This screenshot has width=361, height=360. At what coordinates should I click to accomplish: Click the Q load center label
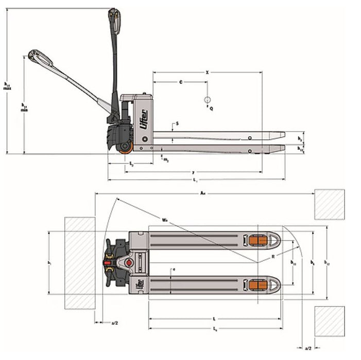click(211, 109)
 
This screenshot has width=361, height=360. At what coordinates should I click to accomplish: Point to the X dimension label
click(207, 73)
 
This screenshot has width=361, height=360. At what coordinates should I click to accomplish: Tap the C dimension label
click(180, 82)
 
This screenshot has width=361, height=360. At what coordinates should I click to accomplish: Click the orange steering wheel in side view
click(125, 149)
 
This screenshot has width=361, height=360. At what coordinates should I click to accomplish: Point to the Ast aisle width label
click(203, 194)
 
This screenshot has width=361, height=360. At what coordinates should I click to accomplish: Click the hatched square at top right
click(330, 204)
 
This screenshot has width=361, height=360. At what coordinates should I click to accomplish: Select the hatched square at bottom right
click(330, 320)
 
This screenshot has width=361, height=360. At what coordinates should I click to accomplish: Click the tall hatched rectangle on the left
click(79, 263)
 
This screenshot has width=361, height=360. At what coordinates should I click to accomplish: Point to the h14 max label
click(7, 85)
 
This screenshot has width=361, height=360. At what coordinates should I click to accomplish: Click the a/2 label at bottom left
click(115, 323)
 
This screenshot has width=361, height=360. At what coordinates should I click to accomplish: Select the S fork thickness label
click(177, 123)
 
